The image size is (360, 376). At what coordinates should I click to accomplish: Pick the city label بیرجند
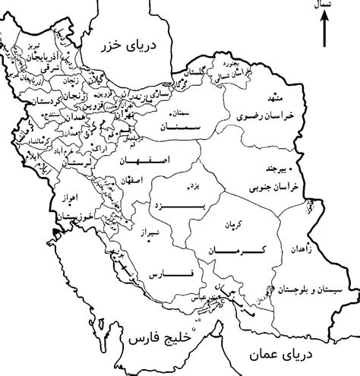coord(274,169)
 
